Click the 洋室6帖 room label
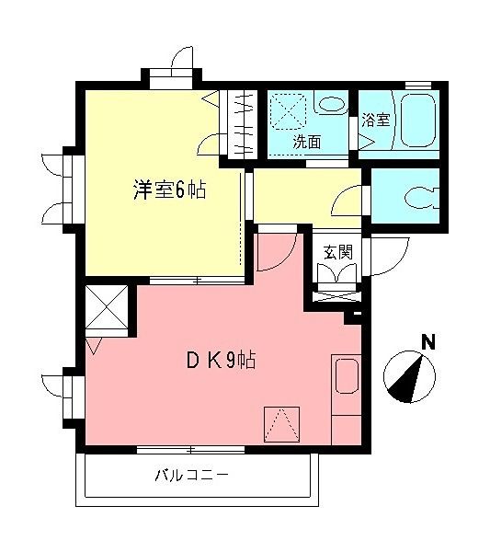click(x=169, y=191)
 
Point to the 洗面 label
click(x=307, y=143)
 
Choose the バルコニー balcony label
click(x=190, y=477)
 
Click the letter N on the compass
click(x=427, y=342)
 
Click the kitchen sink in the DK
click(x=347, y=378)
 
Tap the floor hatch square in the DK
click(x=282, y=423)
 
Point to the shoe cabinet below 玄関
click(x=336, y=297)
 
